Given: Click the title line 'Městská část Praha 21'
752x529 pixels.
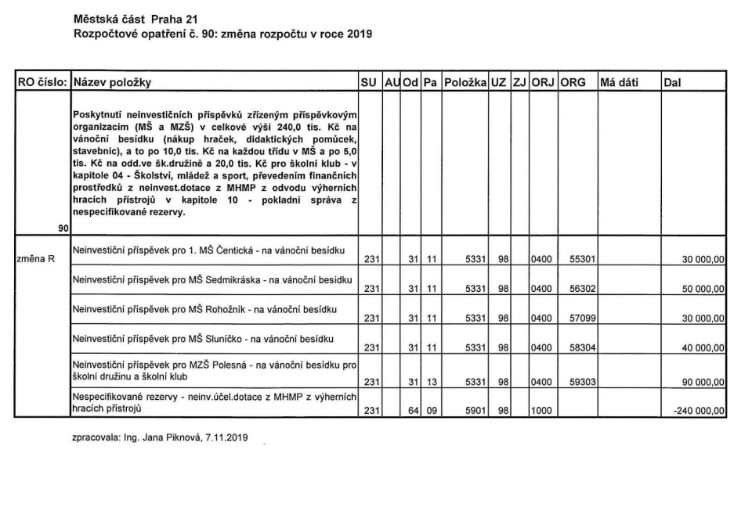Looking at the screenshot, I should [x=127, y=17].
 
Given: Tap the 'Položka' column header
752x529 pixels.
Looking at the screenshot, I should [x=465, y=81].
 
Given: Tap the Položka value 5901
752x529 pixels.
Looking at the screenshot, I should [x=476, y=408].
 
